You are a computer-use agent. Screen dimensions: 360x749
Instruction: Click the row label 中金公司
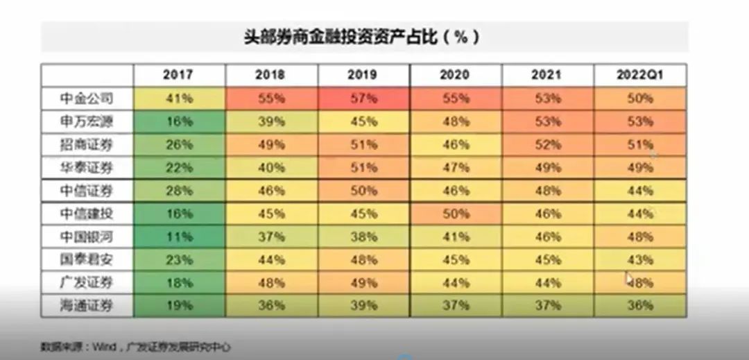86,98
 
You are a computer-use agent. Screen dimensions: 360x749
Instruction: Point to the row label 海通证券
86,305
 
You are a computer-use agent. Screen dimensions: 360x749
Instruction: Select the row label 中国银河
86,237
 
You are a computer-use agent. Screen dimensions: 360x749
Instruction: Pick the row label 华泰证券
86,168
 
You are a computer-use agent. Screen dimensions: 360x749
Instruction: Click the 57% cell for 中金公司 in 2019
363,98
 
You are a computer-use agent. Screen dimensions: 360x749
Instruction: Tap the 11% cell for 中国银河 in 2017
178,237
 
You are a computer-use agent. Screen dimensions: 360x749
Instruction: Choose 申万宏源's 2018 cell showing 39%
270,122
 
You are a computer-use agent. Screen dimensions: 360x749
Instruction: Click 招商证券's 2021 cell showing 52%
547,145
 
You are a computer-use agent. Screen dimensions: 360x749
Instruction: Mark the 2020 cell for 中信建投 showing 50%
455,214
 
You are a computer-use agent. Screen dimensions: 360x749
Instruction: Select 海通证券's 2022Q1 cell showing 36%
639,305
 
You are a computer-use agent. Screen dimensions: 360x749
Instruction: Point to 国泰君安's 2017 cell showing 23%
178,260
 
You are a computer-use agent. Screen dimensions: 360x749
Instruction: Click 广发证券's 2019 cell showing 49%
363,282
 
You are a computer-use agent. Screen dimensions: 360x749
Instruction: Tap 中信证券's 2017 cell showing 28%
178,191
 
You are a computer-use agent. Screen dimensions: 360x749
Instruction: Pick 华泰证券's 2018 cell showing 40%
270,168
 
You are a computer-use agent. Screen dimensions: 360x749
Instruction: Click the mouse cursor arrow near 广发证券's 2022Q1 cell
628,278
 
